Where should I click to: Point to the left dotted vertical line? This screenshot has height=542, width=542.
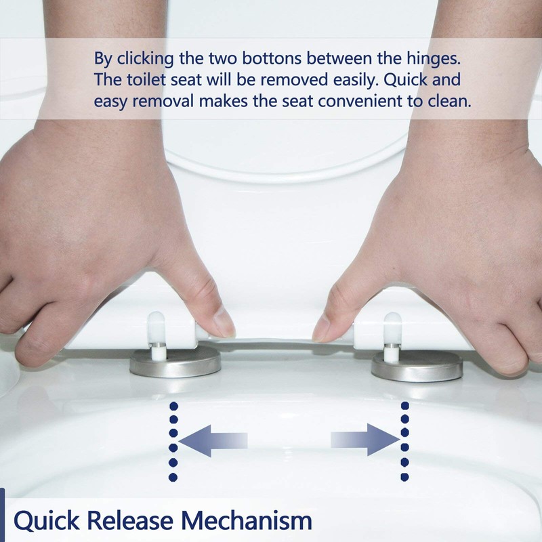tap(173, 441)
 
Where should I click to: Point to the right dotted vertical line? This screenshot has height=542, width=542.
tap(404, 441)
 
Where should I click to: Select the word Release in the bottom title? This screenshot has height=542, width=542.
tap(132, 522)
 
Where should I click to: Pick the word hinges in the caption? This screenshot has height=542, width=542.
tap(432, 58)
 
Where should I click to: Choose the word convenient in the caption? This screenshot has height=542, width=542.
tap(352, 102)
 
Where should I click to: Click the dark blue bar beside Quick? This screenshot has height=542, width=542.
tap(2, 515)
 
